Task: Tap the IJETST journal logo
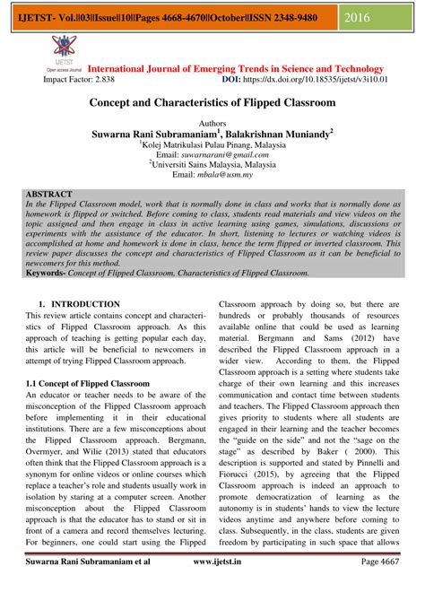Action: (62, 50)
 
